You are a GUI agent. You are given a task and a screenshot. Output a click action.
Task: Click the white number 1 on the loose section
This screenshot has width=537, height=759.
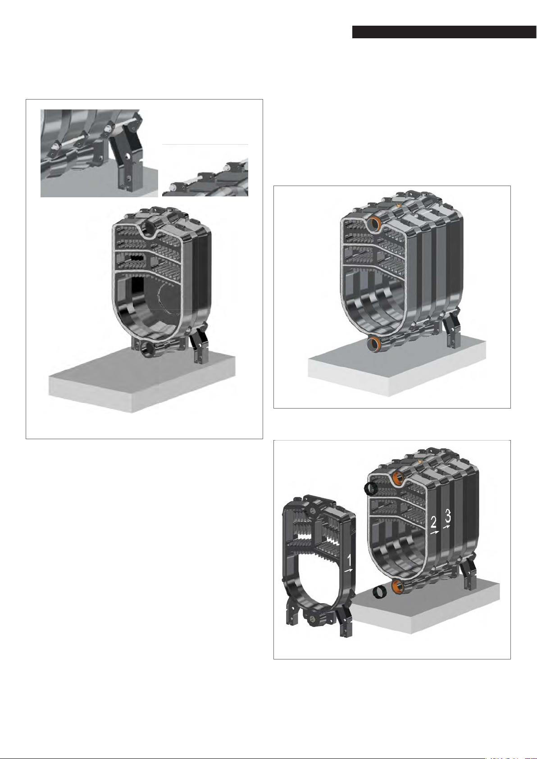tap(349, 560)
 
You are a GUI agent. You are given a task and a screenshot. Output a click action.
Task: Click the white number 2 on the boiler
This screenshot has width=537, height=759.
tap(433, 523)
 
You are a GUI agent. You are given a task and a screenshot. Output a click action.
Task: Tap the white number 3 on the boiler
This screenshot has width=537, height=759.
tap(447, 516)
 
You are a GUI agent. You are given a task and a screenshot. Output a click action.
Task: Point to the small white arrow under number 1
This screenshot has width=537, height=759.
tap(349, 571)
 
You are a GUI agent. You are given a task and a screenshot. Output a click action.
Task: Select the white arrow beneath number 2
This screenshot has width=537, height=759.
tap(434, 532)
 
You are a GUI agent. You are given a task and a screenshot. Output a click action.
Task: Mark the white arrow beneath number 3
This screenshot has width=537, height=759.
tap(447, 527)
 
